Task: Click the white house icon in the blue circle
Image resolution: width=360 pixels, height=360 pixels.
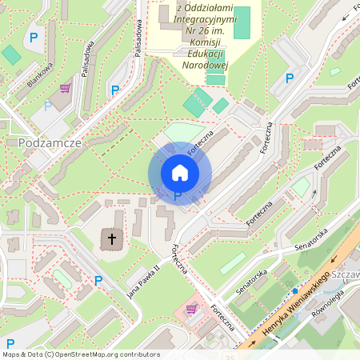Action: tap(179, 172)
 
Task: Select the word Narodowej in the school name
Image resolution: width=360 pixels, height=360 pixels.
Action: tap(206, 66)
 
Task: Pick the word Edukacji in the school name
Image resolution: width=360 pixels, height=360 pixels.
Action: tap(206, 53)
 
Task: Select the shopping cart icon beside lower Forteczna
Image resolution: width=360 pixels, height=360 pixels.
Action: tap(191, 308)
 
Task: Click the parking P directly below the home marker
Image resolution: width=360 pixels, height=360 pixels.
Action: tap(178, 195)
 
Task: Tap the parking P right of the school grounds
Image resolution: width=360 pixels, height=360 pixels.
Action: tap(290, 78)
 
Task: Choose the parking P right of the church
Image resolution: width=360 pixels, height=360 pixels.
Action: tap(98, 281)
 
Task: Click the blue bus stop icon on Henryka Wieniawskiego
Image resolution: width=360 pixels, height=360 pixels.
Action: tap(295, 290)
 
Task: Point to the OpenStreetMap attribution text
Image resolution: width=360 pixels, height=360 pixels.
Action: tap(81, 354)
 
